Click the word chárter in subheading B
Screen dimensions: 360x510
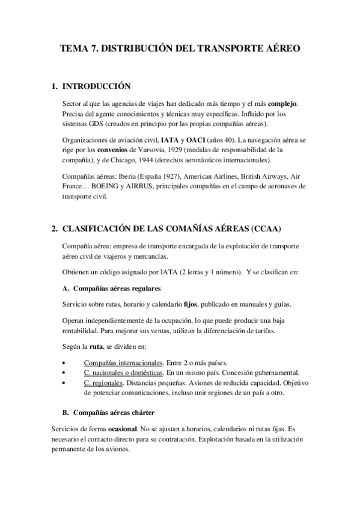point(141,413)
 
